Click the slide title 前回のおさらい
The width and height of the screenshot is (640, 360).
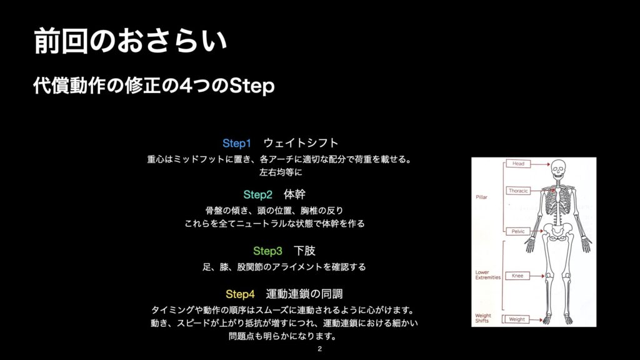click(130, 41)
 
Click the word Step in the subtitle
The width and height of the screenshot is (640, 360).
click(251, 86)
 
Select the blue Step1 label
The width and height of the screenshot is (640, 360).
click(237, 143)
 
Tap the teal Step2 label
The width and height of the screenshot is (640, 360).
click(257, 195)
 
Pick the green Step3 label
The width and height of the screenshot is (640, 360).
click(267, 251)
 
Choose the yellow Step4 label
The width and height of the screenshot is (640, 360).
click(240, 294)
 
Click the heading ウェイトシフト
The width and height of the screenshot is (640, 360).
click(301, 143)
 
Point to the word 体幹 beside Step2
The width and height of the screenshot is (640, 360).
click(295, 194)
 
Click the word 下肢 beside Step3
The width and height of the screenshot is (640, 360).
click(304, 251)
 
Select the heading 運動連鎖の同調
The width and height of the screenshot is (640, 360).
click(304, 294)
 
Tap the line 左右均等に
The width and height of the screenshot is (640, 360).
click(281, 172)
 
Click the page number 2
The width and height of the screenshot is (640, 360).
click(319, 349)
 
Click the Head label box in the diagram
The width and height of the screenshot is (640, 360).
click(518, 164)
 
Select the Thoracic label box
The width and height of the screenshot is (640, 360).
click(518, 191)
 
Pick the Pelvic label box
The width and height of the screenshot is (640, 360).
click(518, 231)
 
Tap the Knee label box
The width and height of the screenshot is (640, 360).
click(517, 276)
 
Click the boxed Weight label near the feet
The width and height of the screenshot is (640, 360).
click(517, 319)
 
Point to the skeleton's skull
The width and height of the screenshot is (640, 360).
click(557, 168)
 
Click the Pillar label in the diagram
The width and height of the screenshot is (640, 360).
click(481, 197)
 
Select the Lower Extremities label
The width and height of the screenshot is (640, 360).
click(487, 275)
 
